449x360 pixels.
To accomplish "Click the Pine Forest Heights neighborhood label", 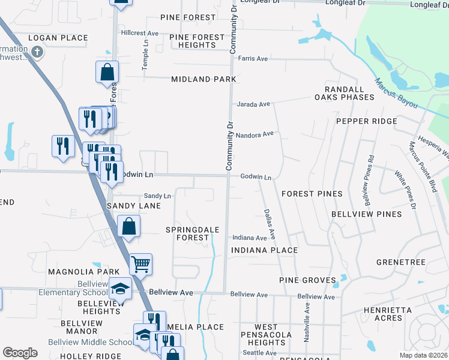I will (197, 41).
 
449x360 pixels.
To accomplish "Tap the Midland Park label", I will (203, 79).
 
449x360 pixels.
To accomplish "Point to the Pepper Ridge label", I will (366, 121).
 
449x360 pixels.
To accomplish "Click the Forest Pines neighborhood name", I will (312, 194).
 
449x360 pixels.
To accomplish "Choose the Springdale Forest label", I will (193, 233).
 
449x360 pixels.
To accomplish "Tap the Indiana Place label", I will (264, 250).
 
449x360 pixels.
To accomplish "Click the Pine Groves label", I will (307, 280).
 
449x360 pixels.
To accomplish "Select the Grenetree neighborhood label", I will (400, 262).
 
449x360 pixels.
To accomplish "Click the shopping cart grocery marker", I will (140, 263).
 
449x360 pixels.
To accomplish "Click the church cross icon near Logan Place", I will (37, 52).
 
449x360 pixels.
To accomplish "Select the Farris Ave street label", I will (253, 59).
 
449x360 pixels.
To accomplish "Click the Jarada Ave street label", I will (253, 104).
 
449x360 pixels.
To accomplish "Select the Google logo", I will (20, 353).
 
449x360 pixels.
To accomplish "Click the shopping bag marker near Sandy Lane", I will (128, 226).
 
